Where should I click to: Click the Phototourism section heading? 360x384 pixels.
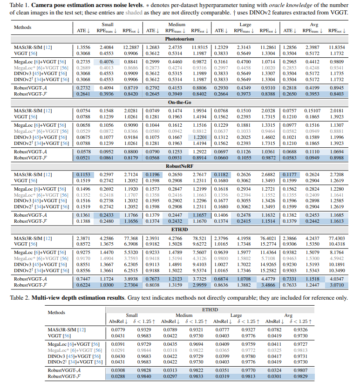(180, 39)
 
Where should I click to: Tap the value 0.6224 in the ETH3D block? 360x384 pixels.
(84, 284)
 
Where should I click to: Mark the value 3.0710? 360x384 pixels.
(336, 284)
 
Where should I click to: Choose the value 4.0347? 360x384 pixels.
(336, 278)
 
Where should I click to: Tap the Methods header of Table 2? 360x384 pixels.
(57, 312)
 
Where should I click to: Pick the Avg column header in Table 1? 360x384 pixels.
(313, 25)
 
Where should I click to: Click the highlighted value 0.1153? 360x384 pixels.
(84, 174)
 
